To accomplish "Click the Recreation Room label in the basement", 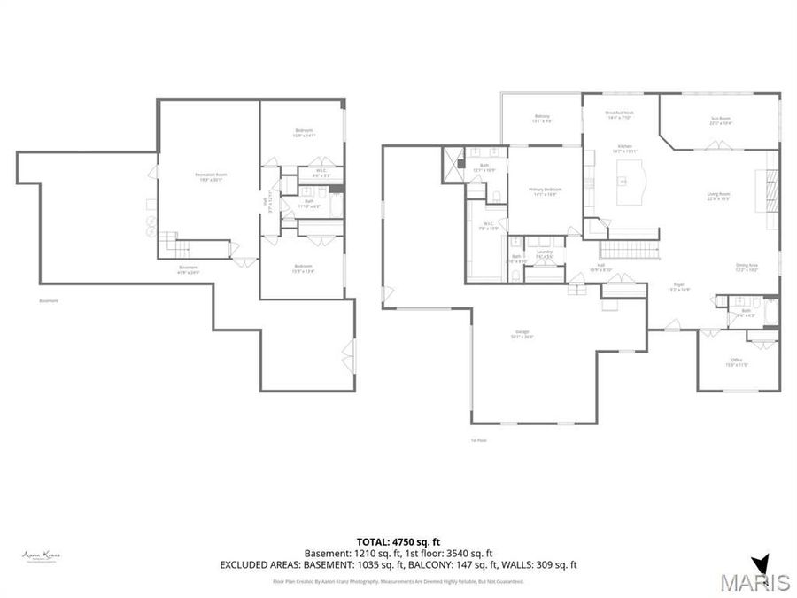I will coord(211,176).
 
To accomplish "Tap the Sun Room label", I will coord(720,120).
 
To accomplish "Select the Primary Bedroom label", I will coord(545,191).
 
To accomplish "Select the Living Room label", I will coord(717,196).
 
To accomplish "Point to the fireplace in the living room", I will coord(770,190).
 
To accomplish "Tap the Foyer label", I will coord(679,287).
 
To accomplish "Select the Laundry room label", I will coord(545,253).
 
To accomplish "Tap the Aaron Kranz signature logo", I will coord(41,556).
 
